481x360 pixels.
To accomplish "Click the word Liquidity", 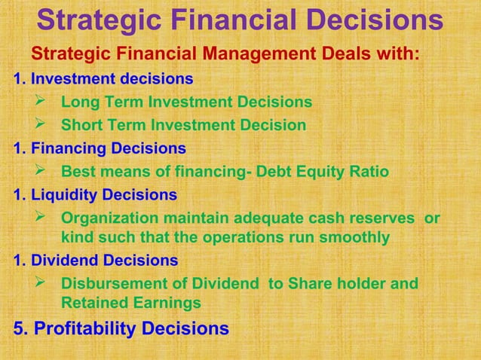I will [68, 195].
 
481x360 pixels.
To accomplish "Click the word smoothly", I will [353, 238].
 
